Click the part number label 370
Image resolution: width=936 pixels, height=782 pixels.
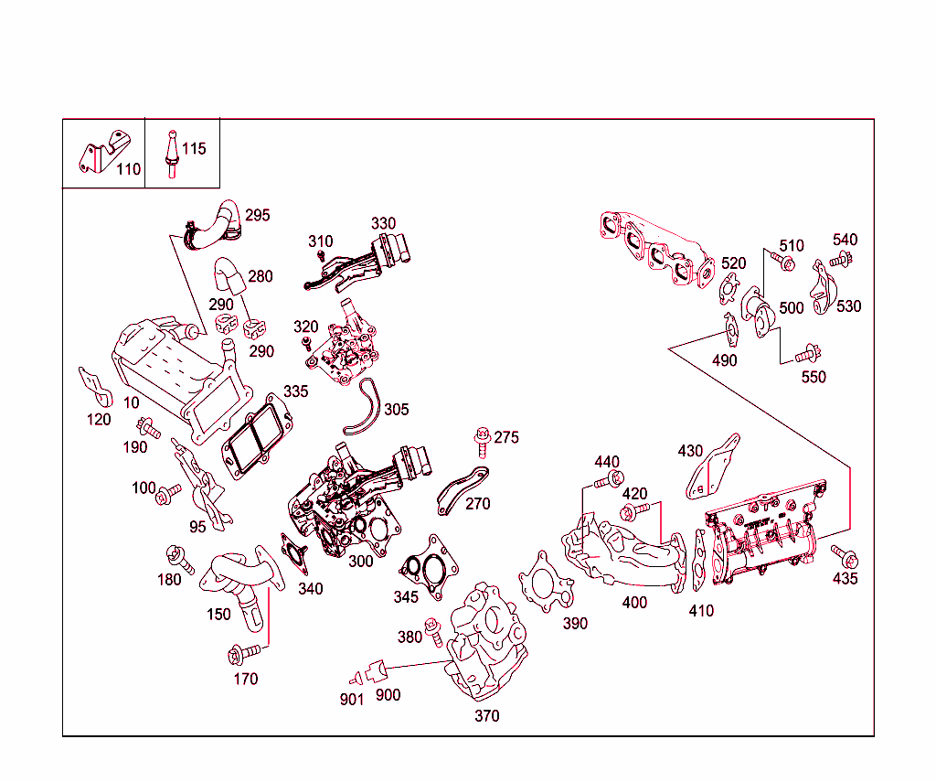486,716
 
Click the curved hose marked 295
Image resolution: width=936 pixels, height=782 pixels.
216,224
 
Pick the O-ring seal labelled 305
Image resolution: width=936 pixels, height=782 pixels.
363,407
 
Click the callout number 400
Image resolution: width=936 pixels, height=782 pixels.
633,603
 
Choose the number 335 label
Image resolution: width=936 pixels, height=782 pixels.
295,391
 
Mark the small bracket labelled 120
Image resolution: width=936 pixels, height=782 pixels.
94,389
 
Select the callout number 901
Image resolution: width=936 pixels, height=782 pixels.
352,700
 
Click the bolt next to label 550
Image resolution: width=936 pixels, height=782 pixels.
807,353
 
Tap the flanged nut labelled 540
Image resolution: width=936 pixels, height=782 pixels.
839,260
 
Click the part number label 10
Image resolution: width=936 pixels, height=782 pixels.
133,402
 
